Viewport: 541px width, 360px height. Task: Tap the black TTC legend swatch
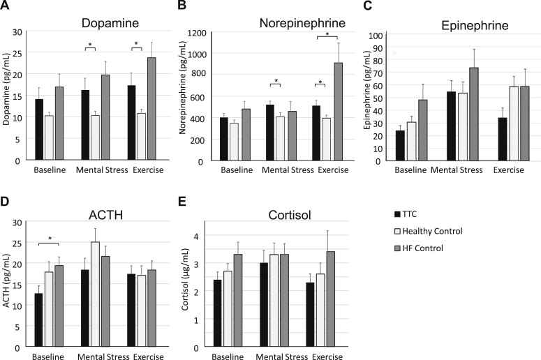point(398,213)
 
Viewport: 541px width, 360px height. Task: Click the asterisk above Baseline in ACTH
point(50,240)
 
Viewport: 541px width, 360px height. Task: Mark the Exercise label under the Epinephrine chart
point(508,170)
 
